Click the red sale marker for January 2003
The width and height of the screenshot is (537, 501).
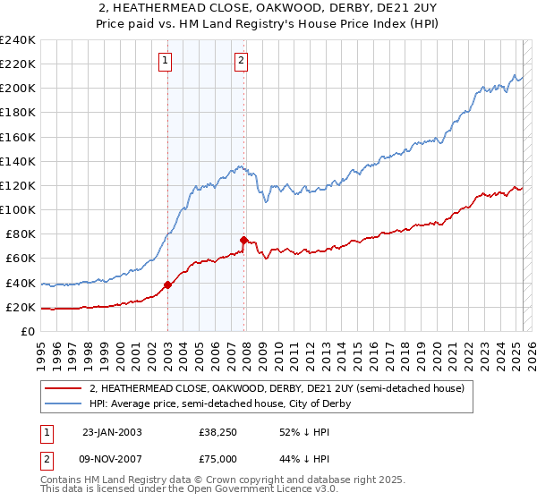tap(167, 285)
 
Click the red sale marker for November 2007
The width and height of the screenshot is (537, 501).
tap(243, 240)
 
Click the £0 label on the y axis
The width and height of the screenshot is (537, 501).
tap(27, 331)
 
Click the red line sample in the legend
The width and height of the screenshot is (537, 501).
tap(64, 389)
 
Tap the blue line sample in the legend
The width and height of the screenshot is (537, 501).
tap(64, 404)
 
